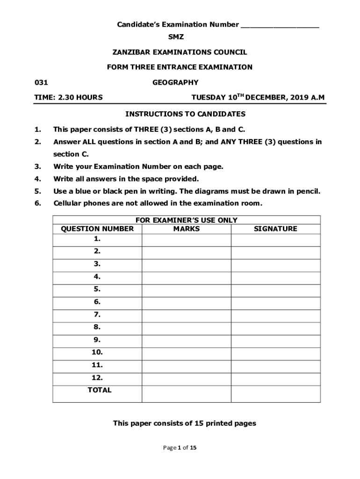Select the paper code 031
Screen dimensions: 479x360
(41, 83)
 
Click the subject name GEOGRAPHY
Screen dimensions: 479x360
(175, 83)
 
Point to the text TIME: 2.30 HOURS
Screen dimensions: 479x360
(69, 98)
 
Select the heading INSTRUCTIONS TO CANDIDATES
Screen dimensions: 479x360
(185, 114)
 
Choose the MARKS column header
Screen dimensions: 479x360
(186, 229)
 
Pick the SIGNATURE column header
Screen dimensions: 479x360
(275, 229)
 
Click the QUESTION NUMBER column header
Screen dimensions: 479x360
(97, 229)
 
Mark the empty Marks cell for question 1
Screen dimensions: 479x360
(186, 239)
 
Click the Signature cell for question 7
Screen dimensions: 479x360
(275, 315)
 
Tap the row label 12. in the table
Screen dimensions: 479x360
(97, 377)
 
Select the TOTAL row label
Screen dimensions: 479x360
(100, 390)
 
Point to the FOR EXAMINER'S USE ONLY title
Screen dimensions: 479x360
(187, 220)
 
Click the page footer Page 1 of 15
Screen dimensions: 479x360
(180, 448)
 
